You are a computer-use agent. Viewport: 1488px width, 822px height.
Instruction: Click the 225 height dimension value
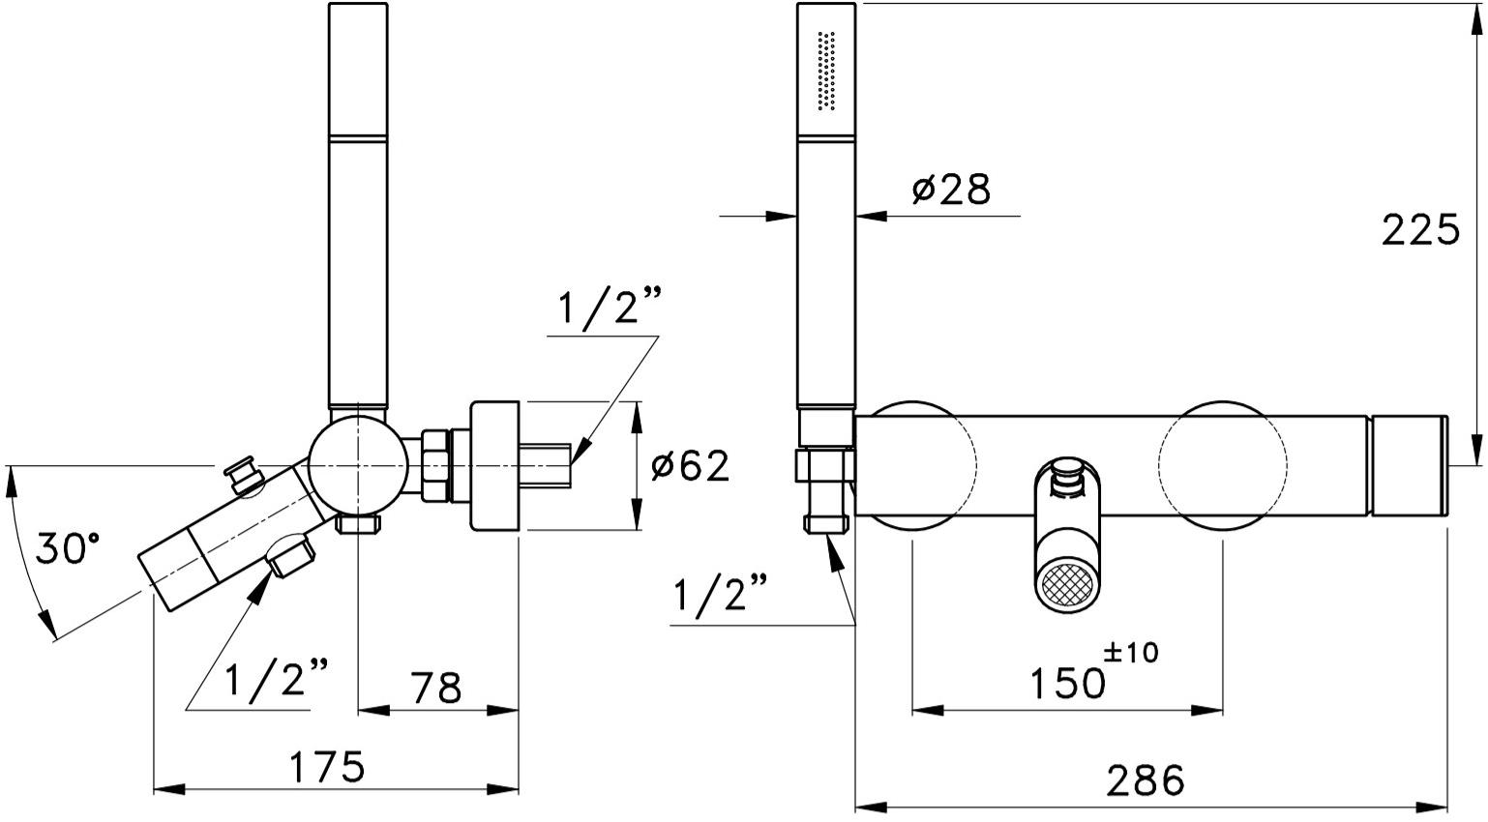(x=1419, y=230)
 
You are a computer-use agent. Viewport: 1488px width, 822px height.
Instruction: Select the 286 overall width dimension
(x=1146, y=778)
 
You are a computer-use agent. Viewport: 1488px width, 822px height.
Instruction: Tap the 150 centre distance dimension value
(x=1067, y=684)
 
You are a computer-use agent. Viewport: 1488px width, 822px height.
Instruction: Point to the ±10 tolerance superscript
(x=1130, y=653)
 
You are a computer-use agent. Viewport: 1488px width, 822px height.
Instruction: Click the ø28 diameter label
(x=951, y=191)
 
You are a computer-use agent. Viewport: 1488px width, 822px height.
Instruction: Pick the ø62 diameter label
(x=690, y=466)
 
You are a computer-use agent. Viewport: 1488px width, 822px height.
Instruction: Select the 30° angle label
(x=68, y=549)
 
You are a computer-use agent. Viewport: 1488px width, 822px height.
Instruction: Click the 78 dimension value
(x=436, y=689)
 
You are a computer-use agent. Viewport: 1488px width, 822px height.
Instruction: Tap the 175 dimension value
(x=328, y=767)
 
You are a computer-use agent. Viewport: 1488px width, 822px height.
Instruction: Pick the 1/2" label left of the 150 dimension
(x=720, y=596)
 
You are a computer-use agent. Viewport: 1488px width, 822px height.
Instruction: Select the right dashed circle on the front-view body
(x=1223, y=466)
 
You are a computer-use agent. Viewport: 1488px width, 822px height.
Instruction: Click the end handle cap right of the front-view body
(x=1409, y=466)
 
